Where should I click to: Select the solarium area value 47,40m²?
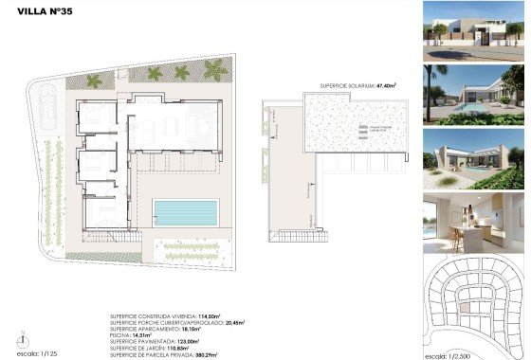coord(386,85)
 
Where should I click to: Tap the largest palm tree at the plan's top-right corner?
coord(216,70)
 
